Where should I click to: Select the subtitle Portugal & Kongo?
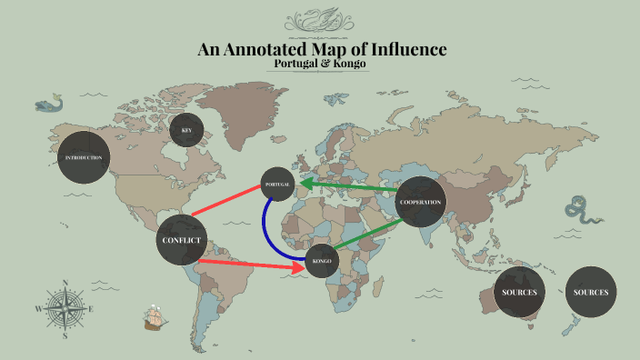[320, 64]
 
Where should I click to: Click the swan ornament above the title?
[320, 20]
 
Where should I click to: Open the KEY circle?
[186, 130]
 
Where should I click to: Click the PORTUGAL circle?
[278, 185]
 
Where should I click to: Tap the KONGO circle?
[321, 262]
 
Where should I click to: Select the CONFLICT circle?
[182, 240]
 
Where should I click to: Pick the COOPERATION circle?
[421, 201]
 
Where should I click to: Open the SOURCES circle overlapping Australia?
[519, 292]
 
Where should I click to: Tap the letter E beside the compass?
[92, 309]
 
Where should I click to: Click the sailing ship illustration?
[155, 318]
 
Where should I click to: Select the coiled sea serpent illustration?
[579, 211]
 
